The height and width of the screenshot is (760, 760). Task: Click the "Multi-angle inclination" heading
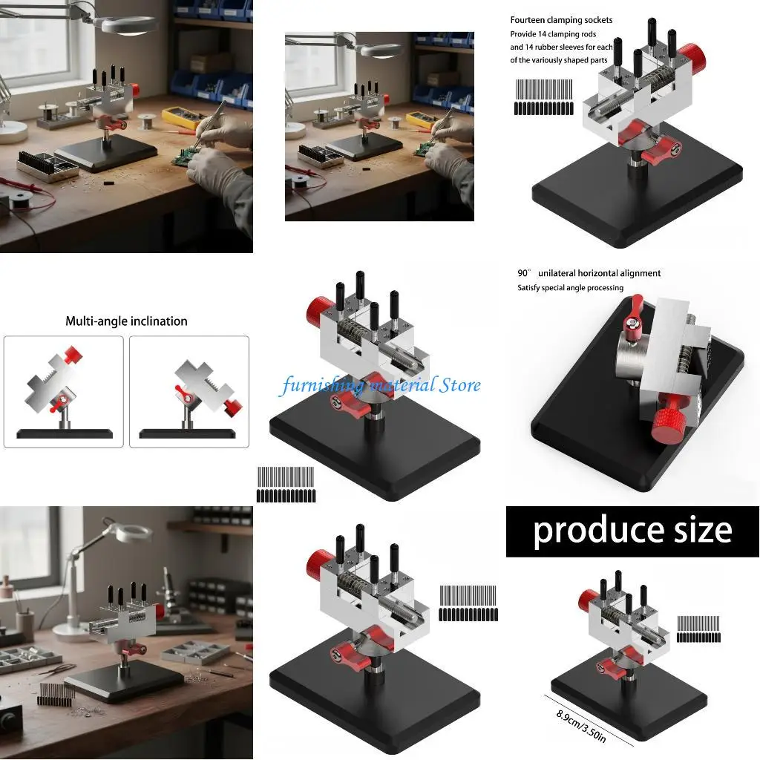coord(126,321)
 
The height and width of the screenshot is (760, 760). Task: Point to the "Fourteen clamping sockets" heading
coord(561,20)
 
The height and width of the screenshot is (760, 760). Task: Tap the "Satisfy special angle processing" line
coord(570,288)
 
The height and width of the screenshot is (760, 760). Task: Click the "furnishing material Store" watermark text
coord(381,385)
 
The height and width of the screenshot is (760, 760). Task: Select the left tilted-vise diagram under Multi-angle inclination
coord(64,391)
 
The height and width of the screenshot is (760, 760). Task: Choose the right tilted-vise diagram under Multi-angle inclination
coord(189,391)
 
